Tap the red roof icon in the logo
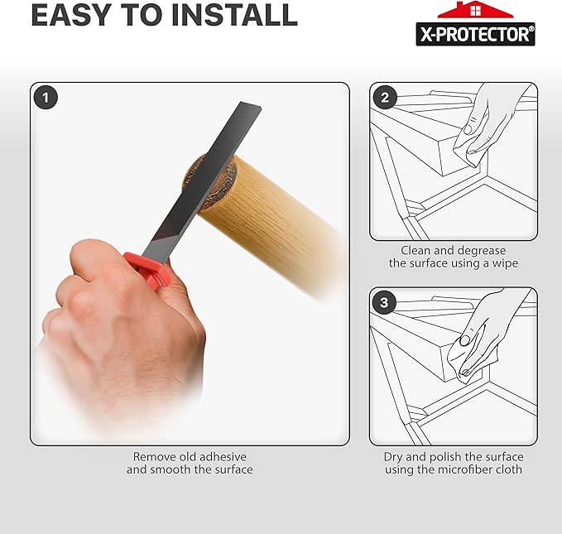474,10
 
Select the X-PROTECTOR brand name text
474,33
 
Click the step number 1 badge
46,97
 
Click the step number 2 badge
383,97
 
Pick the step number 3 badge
383,302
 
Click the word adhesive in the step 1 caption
220,456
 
